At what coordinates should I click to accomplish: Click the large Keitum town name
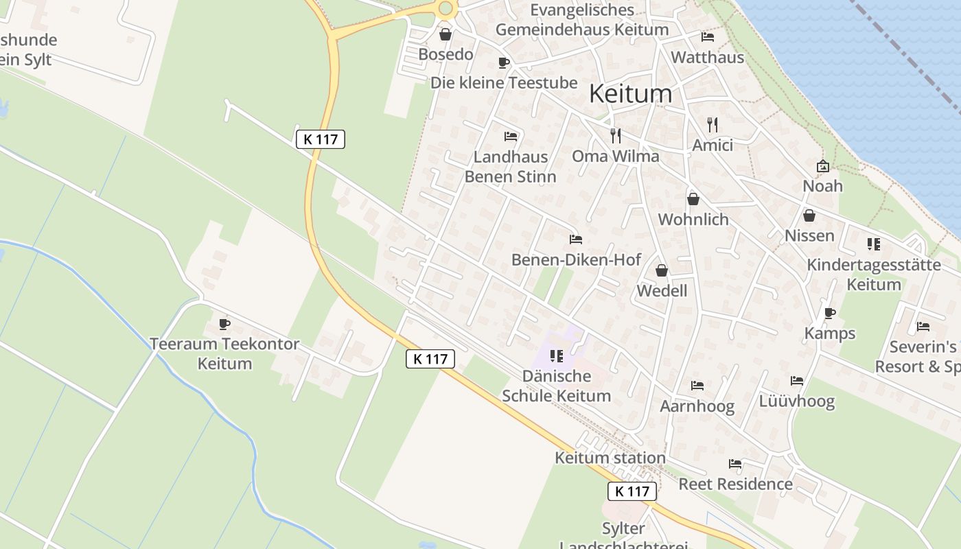(x=630, y=93)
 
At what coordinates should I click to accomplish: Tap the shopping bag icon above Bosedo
(x=445, y=34)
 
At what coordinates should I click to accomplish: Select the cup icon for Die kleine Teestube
(x=504, y=63)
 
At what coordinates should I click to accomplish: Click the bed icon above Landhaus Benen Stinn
(x=510, y=136)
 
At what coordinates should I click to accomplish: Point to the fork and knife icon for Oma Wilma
(x=616, y=135)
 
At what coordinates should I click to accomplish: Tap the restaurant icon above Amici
(x=713, y=125)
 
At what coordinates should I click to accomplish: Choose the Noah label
(x=822, y=186)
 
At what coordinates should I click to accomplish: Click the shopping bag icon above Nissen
(x=809, y=215)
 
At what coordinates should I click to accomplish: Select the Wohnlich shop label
(x=693, y=220)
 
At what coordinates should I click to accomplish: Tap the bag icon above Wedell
(x=662, y=270)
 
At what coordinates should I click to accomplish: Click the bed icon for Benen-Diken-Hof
(x=576, y=240)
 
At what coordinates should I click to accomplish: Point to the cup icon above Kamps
(x=829, y=314)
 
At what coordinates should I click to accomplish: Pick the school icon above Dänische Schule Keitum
(x=557, y=355)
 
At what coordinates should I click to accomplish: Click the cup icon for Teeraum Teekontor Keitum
(x=224, y=324)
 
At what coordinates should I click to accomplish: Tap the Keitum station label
(x=610, y=458)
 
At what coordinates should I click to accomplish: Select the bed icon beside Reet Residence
(x=735, y=464)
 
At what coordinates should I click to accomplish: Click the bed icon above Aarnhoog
(x=697, y=386)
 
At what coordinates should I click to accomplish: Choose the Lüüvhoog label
(x=796, y=401)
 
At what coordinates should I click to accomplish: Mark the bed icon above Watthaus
(x=708, y=37)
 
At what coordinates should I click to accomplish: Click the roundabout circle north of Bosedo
(x=445, y=8)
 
